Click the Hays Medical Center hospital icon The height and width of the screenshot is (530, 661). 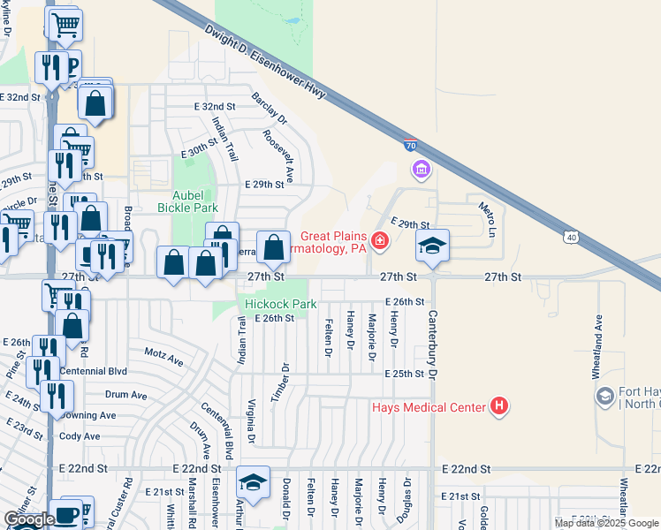click(x=499, y=406)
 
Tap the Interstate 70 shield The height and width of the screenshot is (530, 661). click(x=411, y=144)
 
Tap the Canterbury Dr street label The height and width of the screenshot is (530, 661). click(x=433, y=344)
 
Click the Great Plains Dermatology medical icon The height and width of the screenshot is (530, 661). click(x=379, y=239)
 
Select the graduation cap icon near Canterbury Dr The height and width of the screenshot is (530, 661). click(x=433, y=246)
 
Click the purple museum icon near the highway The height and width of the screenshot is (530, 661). click(x=421, y=168)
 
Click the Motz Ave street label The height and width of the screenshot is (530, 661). click(x=163, y=361)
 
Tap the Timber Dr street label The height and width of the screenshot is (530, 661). click(x=285, y=380)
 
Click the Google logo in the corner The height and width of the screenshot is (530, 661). click(x=29, y=519)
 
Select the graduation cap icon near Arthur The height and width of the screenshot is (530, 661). click(x=254, y=482)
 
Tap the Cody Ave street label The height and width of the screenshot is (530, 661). click(x=80, y=436)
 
